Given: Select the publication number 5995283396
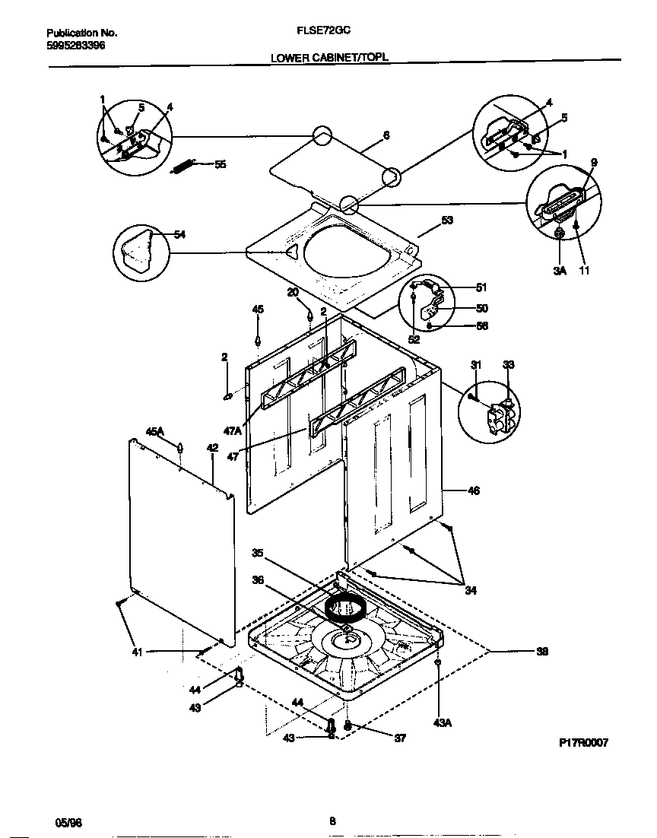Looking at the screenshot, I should [75, 46].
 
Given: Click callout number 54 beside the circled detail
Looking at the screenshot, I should [179, 235].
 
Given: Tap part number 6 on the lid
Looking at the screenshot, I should [386, 135].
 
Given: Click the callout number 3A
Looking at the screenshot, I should [560, 270].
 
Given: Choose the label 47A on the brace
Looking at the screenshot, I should [233, 430].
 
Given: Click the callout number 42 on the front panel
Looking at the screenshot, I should [212, 449].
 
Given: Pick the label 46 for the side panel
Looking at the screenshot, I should [473, 491].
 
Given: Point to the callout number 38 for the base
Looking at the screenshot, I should [542, 652].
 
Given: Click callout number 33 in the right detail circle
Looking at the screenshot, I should [509, 366].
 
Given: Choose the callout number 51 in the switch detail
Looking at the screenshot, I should [481, 287].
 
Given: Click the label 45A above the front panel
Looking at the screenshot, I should [155, 432].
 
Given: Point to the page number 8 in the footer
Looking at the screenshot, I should [332, 821].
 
